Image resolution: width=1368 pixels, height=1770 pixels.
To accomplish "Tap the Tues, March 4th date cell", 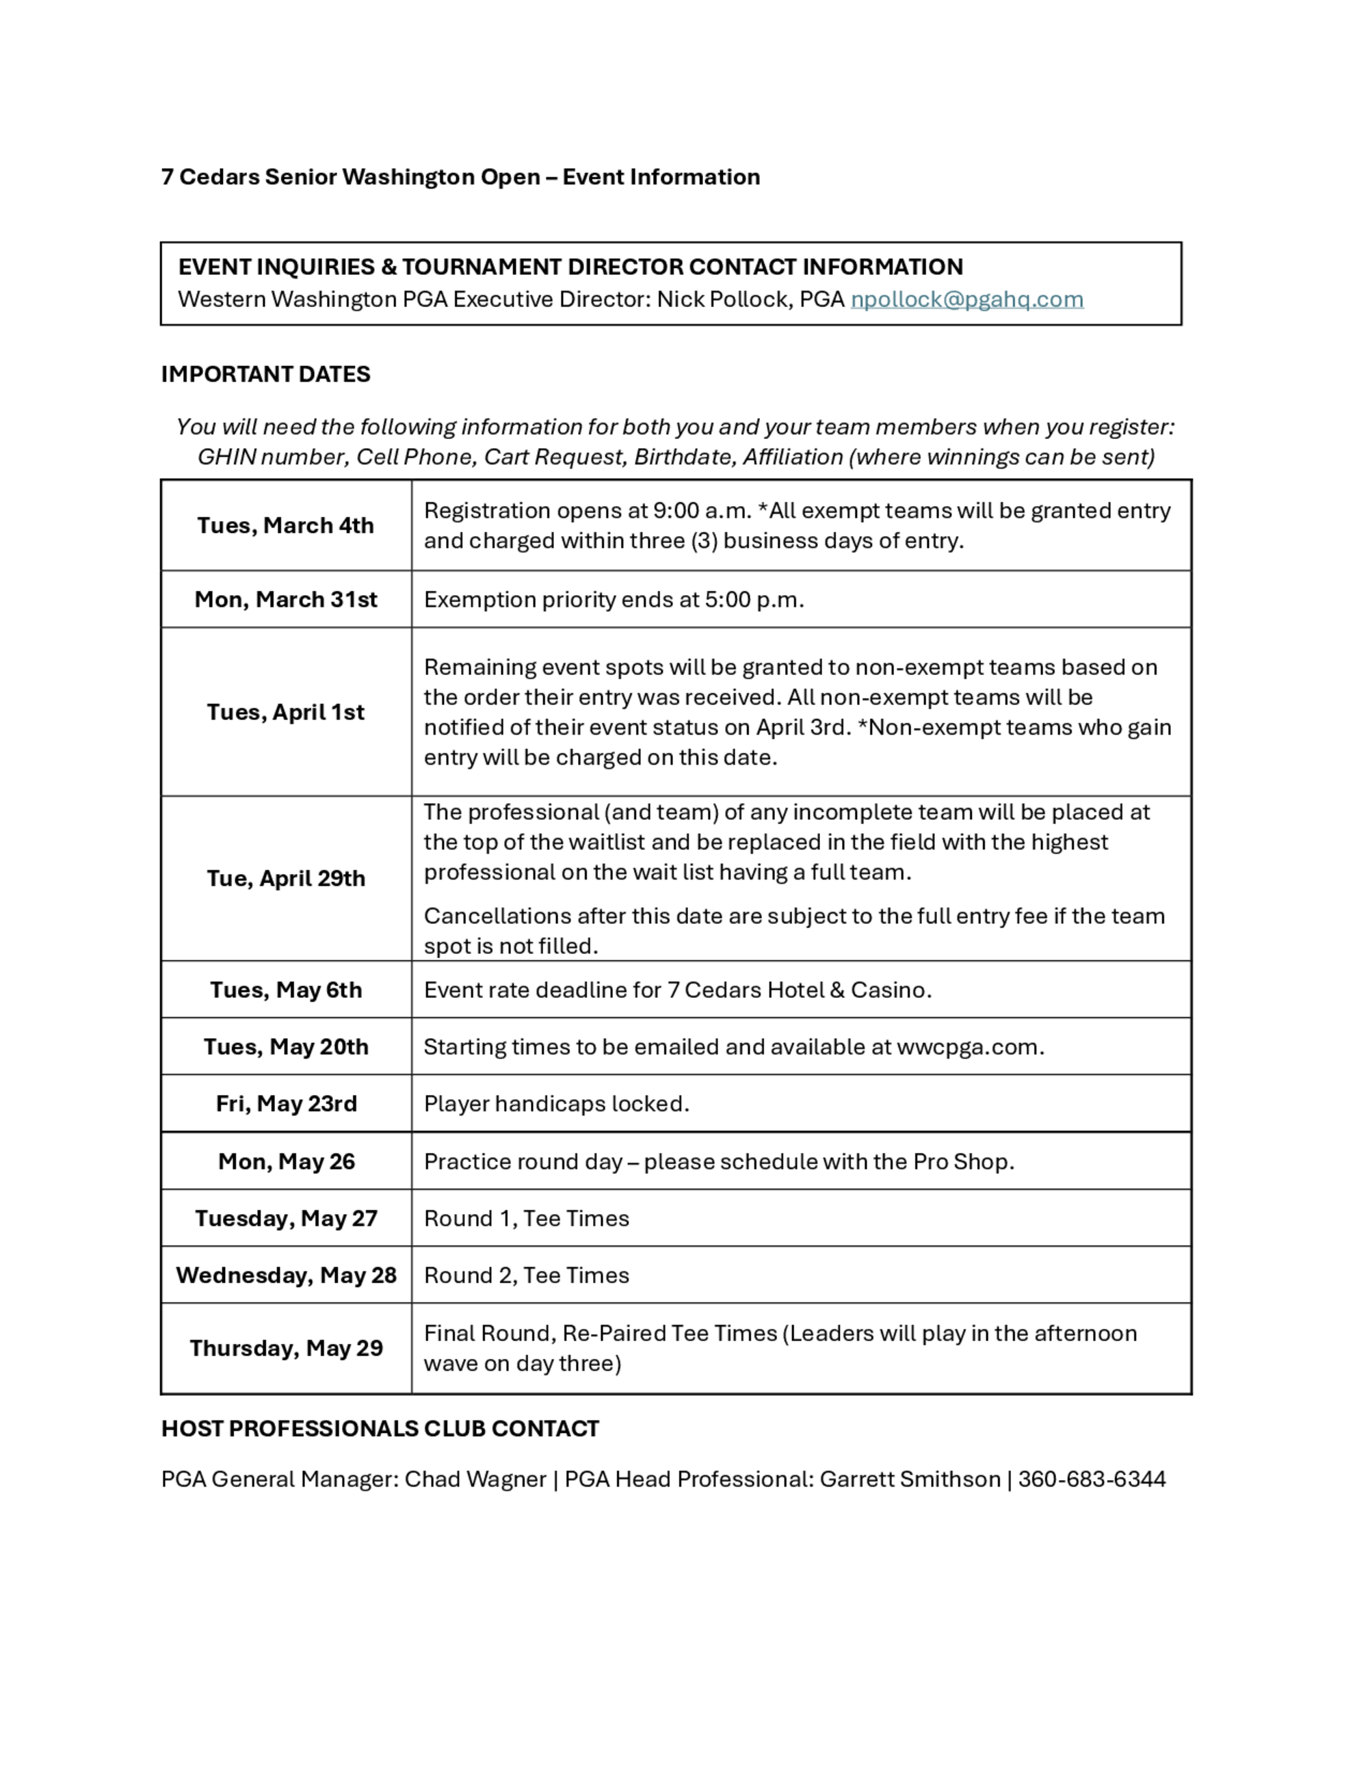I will (x=285, y=526).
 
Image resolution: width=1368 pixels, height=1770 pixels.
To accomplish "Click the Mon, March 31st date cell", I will (x=285, y=600).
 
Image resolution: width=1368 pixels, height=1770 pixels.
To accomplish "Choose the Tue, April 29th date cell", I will (x=285, y=879).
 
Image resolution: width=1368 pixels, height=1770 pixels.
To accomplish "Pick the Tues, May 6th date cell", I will (x=285, y=990).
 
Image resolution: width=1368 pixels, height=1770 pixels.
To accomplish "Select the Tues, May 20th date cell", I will (x=285, y=1047).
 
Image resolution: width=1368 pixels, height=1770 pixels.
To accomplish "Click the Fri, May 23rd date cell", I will (x=285, y=1104).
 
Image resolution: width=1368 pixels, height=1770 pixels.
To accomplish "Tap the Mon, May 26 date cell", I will (x=285, y=1162).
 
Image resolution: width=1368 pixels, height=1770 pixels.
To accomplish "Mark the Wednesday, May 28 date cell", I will (x=285, y=1276).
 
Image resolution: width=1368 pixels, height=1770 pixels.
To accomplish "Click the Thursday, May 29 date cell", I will (x=285, y=1349).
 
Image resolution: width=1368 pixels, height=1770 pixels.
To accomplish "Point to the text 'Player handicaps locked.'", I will (x=556, y=1104).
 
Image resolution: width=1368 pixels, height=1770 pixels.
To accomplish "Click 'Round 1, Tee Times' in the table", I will (x=526, y=1219).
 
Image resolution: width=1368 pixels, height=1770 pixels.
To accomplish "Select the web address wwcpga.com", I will (x=969, y=1047).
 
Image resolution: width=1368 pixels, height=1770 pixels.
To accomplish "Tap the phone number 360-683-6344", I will (x=1091, y=1480).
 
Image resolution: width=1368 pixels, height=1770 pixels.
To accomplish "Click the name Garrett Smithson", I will (x=909, y=1480).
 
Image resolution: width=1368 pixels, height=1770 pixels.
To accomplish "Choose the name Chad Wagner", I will (x=475, y=1480).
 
